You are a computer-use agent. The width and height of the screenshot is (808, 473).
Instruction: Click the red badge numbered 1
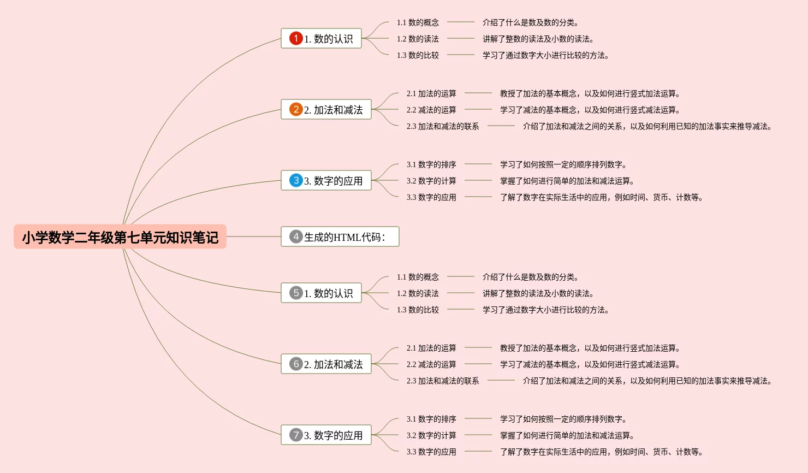[x=296, y=38]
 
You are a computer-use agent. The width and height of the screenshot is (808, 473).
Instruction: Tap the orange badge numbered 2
[x=296, y=109]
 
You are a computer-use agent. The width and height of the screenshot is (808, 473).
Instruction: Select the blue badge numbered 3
[x=296, y=180]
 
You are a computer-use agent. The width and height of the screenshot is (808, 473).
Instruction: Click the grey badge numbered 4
[x=296, y=236]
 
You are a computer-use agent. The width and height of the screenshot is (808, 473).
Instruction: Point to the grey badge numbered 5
[x=296, y=293]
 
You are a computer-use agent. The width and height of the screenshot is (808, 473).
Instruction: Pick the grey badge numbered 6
[x=296, y=364]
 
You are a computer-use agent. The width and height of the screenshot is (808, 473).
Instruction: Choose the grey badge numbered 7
[x=296, y=435]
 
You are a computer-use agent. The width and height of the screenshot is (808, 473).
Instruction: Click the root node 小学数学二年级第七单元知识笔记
[x=120, y=237]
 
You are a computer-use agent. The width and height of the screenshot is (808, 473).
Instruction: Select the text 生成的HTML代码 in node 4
[x=344, y=237]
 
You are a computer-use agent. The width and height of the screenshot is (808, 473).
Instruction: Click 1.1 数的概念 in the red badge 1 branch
[x=418, y=22]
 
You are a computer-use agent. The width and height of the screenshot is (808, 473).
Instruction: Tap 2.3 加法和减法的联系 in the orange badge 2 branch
[x=442, y=126]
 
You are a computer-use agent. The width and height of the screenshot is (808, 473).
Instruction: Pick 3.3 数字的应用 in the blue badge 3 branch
[x=431, y=197]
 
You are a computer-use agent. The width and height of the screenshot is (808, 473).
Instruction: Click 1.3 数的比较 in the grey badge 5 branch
[x=418, y=310]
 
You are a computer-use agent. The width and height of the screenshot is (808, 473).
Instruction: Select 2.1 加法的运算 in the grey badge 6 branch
[x=431, y=348]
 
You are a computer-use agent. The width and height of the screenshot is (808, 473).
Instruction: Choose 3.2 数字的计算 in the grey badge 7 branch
[x=431, y=435]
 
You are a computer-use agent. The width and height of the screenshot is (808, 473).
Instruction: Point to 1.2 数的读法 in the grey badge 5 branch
[x=418, y=293]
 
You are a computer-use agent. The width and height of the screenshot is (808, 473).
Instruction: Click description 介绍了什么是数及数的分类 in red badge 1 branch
[x=530, y=22]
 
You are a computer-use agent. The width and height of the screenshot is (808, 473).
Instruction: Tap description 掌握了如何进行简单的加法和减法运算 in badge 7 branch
[x=567, y=435]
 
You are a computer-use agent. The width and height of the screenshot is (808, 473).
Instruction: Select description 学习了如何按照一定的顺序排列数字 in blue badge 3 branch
[x=563, y=164]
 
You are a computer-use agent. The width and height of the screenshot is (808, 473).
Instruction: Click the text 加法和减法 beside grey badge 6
[x=338, y=364]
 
